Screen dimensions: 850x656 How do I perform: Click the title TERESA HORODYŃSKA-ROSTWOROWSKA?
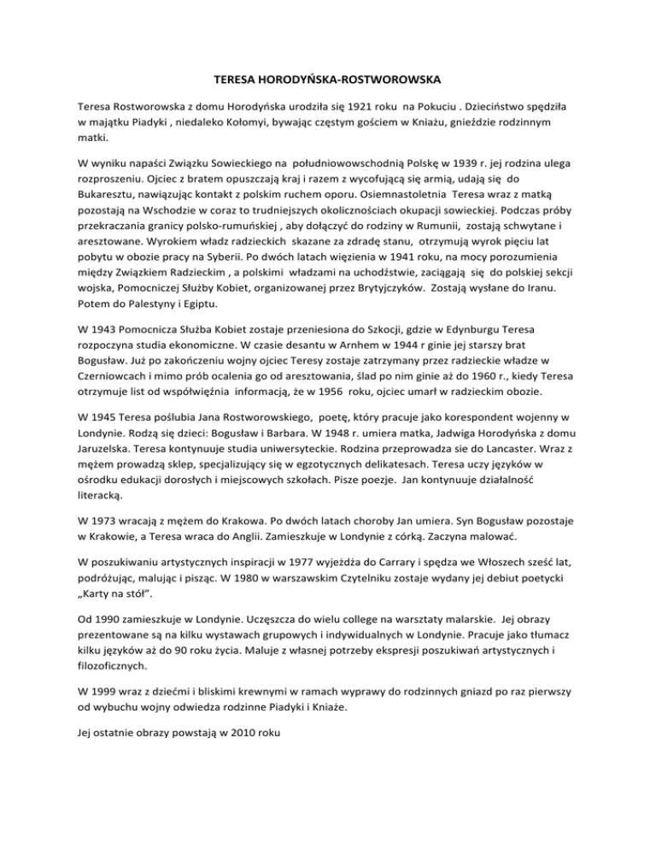coord(328,81)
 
